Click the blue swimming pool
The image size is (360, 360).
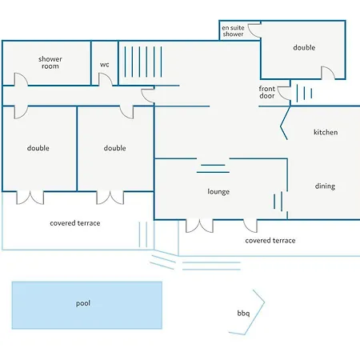[x=87, y=305]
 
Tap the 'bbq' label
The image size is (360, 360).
[x=243, y=313]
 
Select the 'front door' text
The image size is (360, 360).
[x=267, y=92]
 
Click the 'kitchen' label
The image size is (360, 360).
[x=326, y=132]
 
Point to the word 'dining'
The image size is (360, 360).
[x=325, y=186]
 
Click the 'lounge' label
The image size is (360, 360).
[x=218, y=192]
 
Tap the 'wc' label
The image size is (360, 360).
[x=105, y=65]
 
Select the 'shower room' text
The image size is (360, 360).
[x=50, y=62]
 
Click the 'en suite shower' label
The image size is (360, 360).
[x=233, y=31]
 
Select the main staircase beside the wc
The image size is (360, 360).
[x=143, y=62]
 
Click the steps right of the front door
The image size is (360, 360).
[x=304, y=94]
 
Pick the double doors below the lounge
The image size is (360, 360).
[x=199, y=226]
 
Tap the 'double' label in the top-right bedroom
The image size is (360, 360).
[x=304, y=48]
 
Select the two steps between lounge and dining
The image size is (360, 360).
[x=278, y=202]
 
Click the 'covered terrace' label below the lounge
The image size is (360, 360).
[x=270, y=241]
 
